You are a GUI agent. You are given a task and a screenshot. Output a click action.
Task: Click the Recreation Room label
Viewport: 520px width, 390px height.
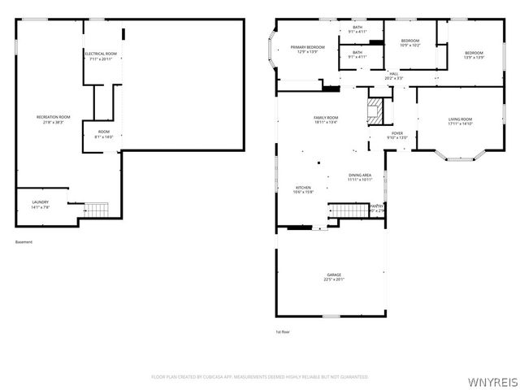pyautogui.click(x=53, y=119)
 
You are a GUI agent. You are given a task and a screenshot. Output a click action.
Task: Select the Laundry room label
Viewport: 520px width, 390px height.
pyautogui.click(x=40, y=204)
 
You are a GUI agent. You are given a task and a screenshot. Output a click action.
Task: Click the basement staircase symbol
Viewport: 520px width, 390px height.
pyautogui.click(x=97, y=210)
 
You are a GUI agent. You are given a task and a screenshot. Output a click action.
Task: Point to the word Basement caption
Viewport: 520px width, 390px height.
pyautogui.click(x=24, y=241)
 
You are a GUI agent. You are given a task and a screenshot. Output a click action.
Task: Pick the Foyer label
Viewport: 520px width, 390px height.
pyautogui.click(x=397, y=135)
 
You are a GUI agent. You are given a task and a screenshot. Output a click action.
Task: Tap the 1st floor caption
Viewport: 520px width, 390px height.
pyautogui.click(x=284, y=331)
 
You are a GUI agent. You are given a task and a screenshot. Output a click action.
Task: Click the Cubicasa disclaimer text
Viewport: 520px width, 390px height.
pyautogui.click(x=260, y=377)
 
